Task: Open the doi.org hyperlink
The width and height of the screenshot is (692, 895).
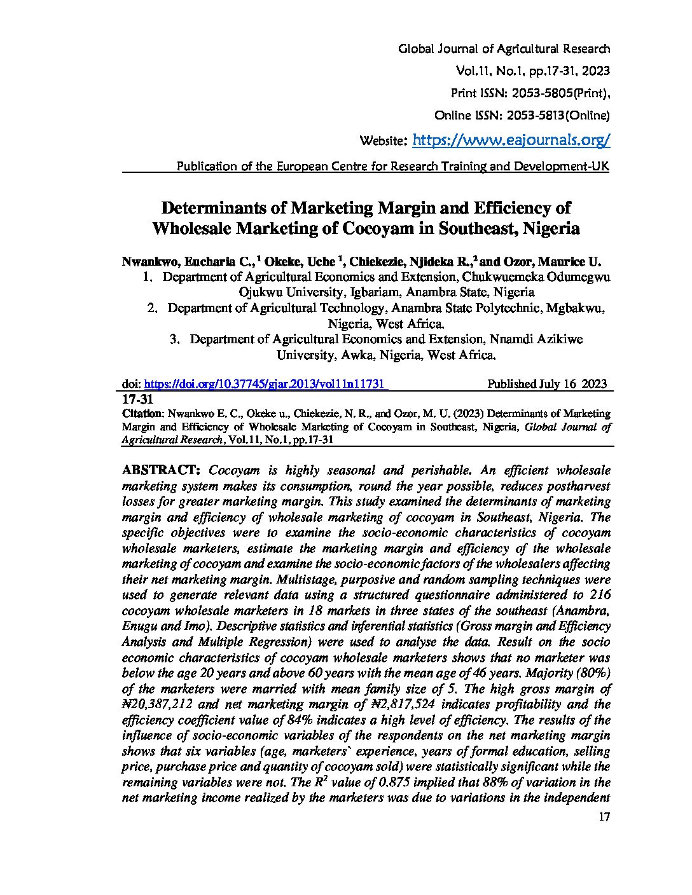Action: tap(266, 384)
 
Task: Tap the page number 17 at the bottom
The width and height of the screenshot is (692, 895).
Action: tap(604, 817)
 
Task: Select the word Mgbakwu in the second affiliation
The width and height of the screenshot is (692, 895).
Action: tap(574, 308)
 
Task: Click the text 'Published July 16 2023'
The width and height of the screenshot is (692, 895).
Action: tap(546, 384)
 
